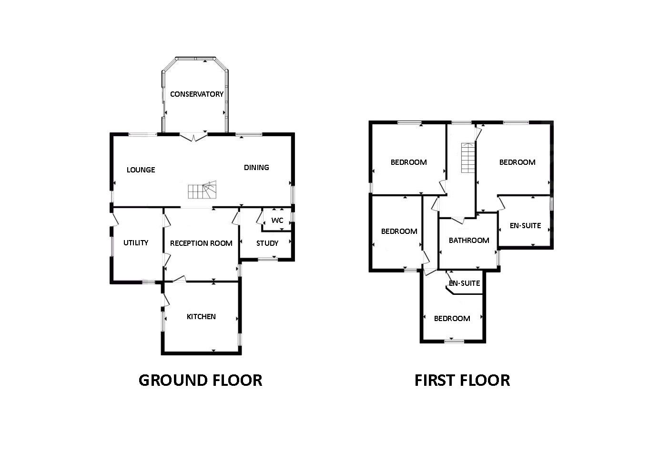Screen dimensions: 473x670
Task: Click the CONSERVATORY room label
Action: click(x=196, y=94)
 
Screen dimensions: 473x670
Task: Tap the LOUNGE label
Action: click(x=141, y=170)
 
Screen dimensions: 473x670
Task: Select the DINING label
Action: click(x=256, y=168)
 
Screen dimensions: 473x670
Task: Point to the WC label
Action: click(x=277, y=221)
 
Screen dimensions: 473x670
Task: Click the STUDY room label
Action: click(x=267, y=243)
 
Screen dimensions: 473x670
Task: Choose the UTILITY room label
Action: click(x=136, y=243)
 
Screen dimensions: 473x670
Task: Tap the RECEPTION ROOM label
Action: click(x=201, y=243)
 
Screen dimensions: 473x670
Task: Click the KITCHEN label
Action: click(x=201, y=317)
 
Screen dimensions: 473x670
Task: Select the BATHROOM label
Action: click(x=469, y=241)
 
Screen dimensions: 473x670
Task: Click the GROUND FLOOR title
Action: click(x=200, y=380)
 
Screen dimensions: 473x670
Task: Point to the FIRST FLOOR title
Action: click(x=462, y=380)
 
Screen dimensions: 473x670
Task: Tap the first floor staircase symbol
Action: click(x=468, y=158)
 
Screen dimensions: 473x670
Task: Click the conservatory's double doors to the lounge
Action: click(x=194, y=137)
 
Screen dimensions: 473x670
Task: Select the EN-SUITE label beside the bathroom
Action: click(x=525, y=226)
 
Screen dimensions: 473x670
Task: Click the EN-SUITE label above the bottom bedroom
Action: click(x=464, y=283)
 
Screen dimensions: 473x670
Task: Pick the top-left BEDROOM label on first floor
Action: click(x=408, y=162)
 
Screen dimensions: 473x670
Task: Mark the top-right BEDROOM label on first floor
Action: click(x=517, y=162)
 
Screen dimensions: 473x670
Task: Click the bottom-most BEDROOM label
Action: click(x=452, y=319)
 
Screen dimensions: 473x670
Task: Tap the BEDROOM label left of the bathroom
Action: click(x=399, y=231)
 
